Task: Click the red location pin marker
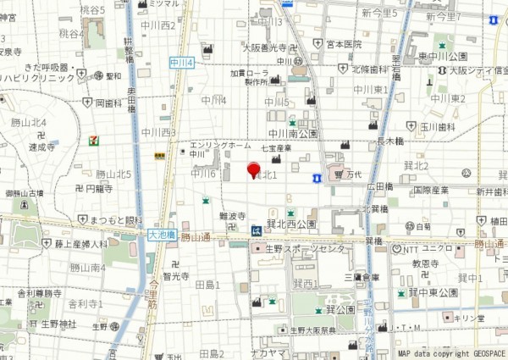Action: (251, 169)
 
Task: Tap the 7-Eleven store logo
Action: (93, 140)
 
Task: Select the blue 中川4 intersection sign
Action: (182, 62)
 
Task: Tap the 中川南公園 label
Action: (292, 134)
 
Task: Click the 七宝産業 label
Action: (276, 148)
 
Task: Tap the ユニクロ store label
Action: (438, 248)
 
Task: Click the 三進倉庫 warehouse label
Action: (361, 277)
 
